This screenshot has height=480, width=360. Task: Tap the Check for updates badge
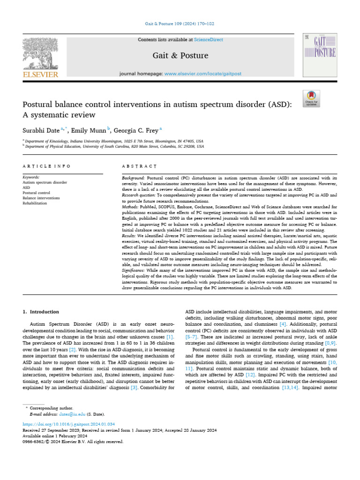point(311,97)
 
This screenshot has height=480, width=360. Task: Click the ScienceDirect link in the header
point(202,40)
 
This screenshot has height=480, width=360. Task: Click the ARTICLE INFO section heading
point(46,166)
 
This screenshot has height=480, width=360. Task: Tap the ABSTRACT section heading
point(139,166)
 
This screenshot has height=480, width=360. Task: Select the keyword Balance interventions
point(41,198)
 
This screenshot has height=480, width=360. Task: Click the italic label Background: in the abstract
point(134,179)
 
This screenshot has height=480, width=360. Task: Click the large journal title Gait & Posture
point(180,56)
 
